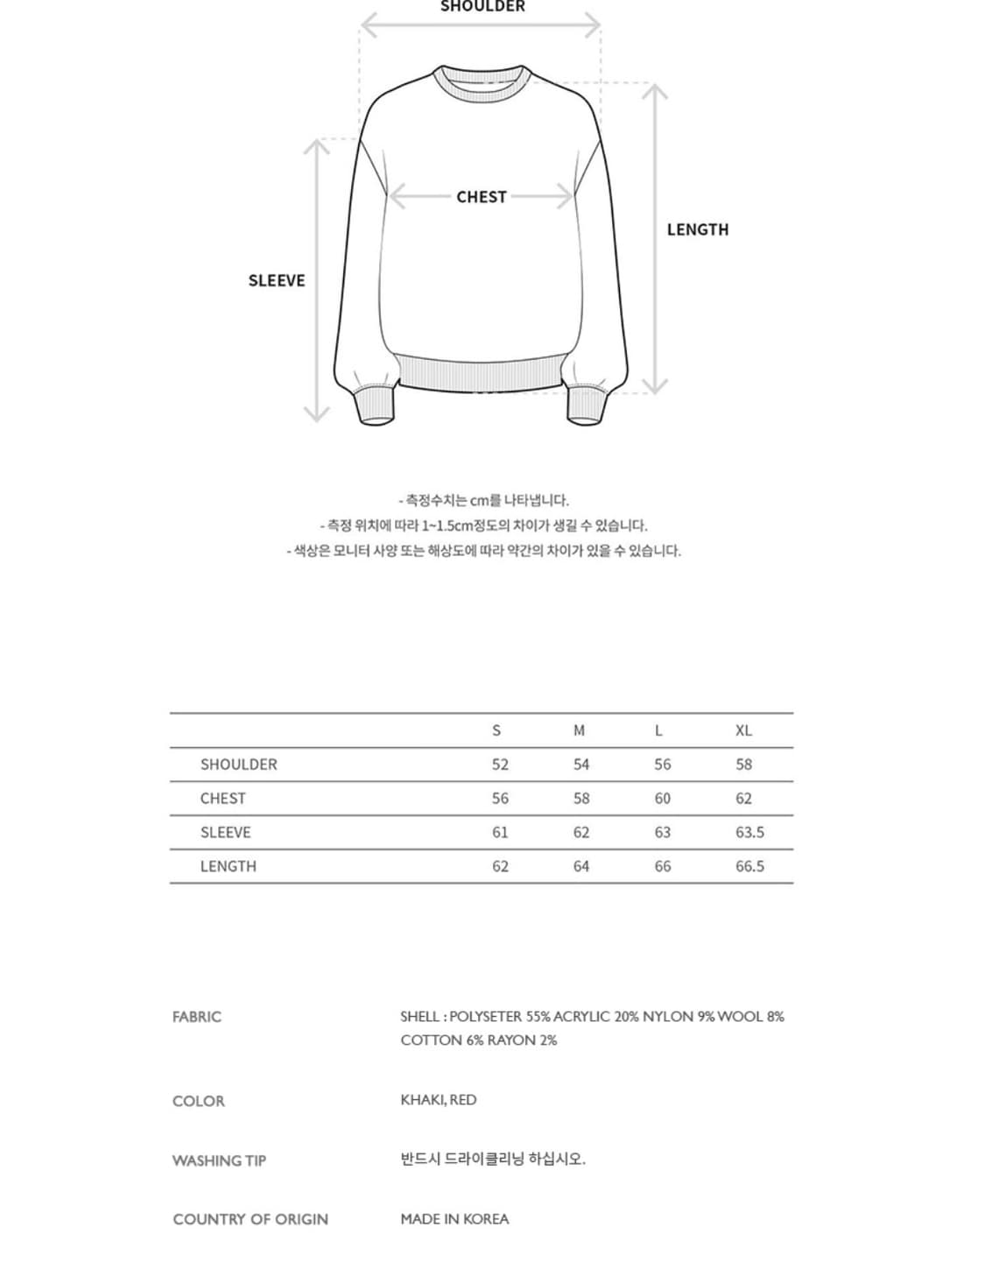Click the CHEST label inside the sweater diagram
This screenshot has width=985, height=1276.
click(x=481, y=197)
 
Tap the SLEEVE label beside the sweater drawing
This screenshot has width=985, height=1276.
click(x=277, y=280)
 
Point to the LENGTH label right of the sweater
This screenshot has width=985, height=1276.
click(x=697, y=229)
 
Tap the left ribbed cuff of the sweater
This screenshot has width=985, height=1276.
click(x=376, y=405)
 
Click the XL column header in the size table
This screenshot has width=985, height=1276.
click(x=743, y=730)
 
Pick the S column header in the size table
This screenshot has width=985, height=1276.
click(x=496, y=730)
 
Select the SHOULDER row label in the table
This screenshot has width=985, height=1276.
click(x=238, y=765)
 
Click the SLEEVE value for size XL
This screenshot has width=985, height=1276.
click(x=749, y=832)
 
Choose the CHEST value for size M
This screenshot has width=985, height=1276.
click(x=581, y=798)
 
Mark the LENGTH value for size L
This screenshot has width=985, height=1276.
click(x=662, y=866)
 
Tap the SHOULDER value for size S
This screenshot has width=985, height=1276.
click(x=500, y=765)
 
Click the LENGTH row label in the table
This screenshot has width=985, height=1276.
click(x=228, y=866)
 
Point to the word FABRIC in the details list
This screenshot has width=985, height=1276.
click(x=197, y=1017)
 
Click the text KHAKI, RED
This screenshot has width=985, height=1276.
click(x=439, y=1100)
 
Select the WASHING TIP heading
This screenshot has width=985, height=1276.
click(x=219, y=1160)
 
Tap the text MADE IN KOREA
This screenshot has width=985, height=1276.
click(x=454, y=1219)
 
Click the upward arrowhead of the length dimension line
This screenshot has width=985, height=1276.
click(x=655, y=90)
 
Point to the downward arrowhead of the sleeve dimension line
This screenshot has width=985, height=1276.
click(x=316, y=414)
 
